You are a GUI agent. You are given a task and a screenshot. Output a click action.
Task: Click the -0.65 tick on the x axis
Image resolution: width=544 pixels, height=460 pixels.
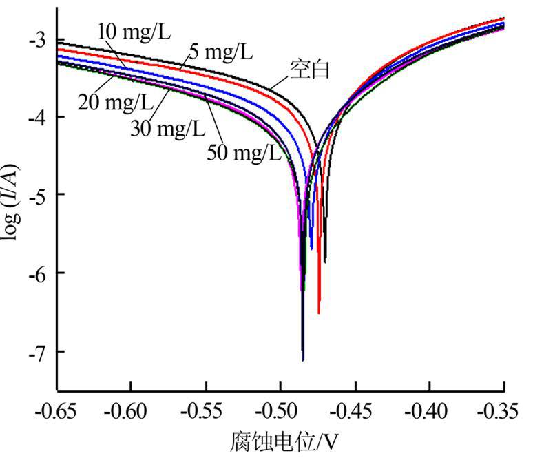pyautogui.click(x=57, y=411)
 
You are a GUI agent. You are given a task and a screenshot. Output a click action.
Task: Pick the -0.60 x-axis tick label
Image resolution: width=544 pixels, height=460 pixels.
pyautogui.click(x=132, y=411)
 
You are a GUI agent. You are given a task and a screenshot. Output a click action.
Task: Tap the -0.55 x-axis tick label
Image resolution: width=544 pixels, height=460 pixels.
pyautogui.click(x=206, y=411)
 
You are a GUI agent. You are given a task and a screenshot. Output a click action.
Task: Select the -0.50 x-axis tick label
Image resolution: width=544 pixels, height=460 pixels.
pyautogui.click(x=280, y=411)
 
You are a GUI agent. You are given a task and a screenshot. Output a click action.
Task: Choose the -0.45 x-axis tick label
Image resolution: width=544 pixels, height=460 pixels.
pyautogui.click(x=355, y=411)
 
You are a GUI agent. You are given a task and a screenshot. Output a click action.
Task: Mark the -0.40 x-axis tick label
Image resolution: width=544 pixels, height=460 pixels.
pyautogui.click(x=429, y=411)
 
